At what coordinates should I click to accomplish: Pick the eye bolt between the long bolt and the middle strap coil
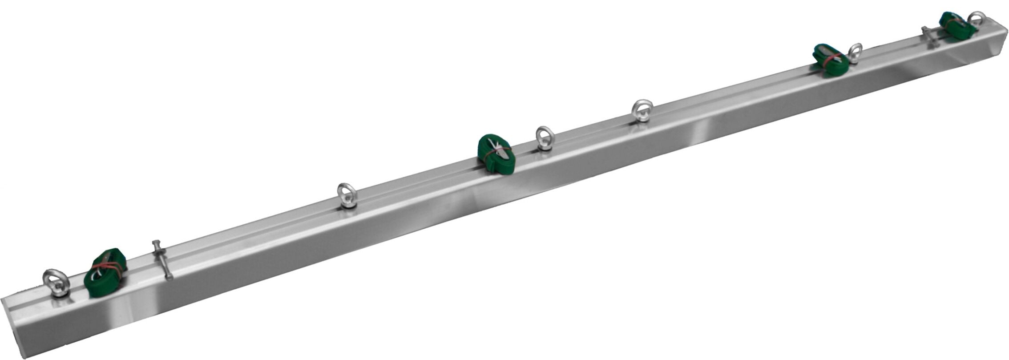[345, 195]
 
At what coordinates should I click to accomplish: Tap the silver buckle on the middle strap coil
[497, 149]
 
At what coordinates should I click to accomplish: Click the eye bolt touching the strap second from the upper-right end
[855, 53]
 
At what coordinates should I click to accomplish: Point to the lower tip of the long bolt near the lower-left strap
[169, 278]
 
